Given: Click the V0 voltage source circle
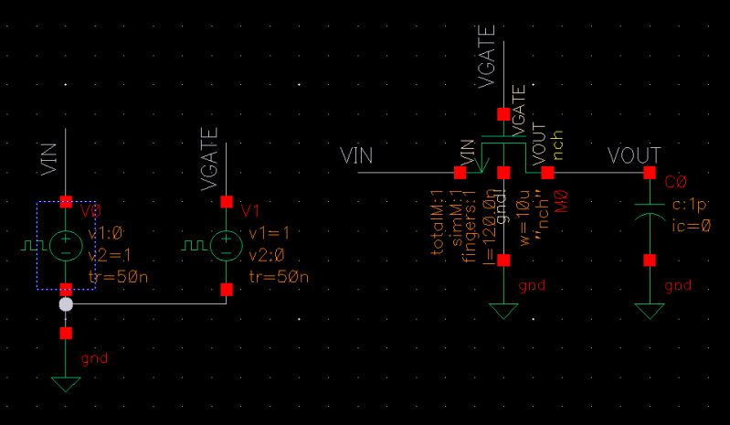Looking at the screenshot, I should (66, 245).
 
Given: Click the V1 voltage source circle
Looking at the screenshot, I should (226, 245).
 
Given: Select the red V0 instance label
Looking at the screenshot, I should (90, 211).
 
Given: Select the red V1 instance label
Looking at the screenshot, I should (251, 211).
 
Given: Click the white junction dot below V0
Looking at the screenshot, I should (66, 304).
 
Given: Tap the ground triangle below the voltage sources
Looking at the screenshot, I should (66, 384).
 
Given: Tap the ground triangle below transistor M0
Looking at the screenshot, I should (503, 311).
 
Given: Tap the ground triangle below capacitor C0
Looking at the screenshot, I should (650, 311).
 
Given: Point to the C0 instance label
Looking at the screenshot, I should (676, 182).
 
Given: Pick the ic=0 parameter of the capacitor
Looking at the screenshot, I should (692, 225).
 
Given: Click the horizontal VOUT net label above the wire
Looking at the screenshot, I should (633, 156).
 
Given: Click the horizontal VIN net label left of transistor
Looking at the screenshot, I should (356, 155).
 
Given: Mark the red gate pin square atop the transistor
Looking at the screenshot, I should (503, 114).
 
